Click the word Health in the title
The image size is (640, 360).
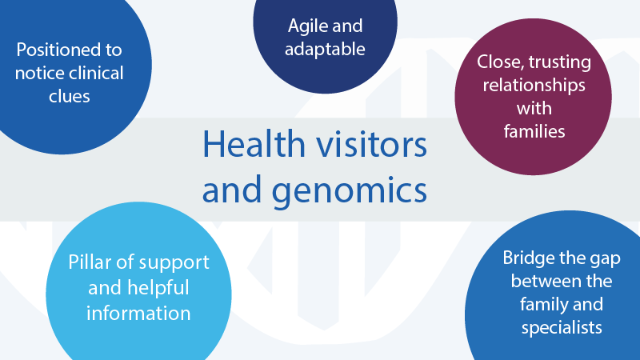tap(254, 144)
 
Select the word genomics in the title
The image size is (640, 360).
tap(350, 190)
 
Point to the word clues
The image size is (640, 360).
tap(70, 96)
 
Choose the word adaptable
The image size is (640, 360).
tap(325, 50)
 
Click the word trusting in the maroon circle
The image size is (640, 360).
tap(559, 62)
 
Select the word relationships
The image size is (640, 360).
tap(534, 86)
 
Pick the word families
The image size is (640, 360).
tap(534, 131)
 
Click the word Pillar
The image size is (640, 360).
tap(90, 262)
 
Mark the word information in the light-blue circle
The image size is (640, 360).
tap(138, 314)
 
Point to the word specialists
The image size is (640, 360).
tap(562, 328)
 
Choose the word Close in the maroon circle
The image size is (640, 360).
tap(501, 62)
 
